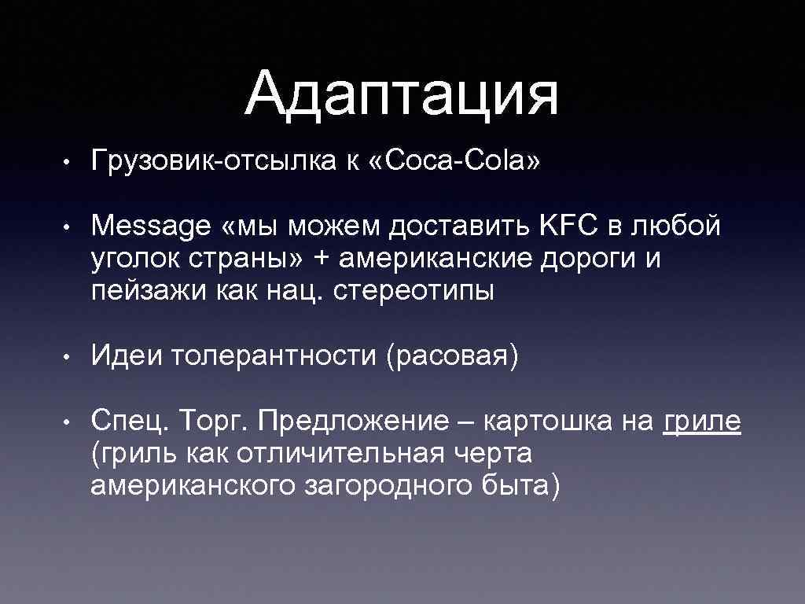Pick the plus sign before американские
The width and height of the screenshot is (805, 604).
tap(320, 259)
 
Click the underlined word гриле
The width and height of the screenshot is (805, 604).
tap(702, 422)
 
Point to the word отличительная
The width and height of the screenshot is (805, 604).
tap(342, 453)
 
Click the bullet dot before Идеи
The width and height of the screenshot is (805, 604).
tap(70, 358)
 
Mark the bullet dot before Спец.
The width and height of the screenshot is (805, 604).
tap(70, 422)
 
